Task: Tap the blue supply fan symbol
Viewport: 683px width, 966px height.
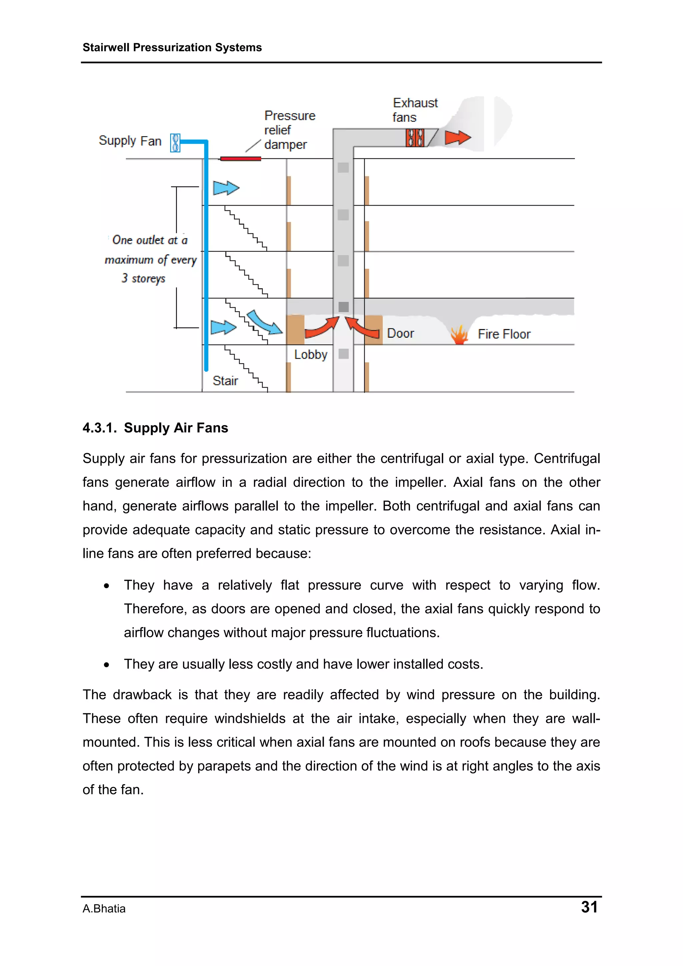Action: [x=175, y=143]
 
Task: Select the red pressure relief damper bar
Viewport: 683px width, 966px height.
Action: [x=240, y=159]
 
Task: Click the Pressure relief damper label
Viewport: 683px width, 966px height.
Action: [x=289, y=130]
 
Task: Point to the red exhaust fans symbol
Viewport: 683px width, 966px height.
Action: [x=415, y=138]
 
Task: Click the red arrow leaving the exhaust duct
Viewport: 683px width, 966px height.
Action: [x=457, y=137]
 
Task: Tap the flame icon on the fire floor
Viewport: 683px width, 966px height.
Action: [x=459, y=334]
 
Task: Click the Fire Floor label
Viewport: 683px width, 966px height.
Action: [x=504, y=334]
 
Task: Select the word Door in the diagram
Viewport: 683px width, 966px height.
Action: [x=400, y=333]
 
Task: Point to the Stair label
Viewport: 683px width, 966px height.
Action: [x=225, y=381]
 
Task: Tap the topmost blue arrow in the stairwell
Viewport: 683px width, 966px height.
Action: [x=225, y=188]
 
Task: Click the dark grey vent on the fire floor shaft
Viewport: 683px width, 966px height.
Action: [x=344, y=307]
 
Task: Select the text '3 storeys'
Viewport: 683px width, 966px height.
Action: [x=143, y=278]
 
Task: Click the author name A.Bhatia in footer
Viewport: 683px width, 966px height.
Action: [x=104, y=909]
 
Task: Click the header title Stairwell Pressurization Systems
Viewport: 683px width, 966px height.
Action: [x=172, y=48]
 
